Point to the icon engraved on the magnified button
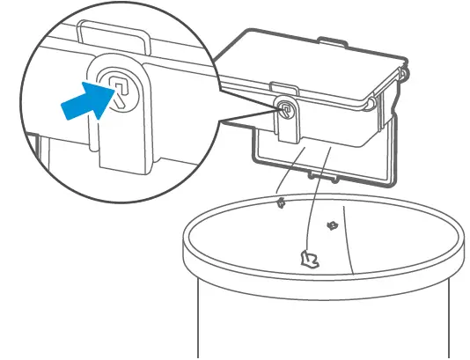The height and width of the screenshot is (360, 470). (x=118, y=86)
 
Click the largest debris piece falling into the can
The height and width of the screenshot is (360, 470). (x=309, y=259)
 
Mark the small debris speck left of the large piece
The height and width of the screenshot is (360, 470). (x=280, y=203)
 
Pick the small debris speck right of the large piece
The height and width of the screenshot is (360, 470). (x=332, y=227)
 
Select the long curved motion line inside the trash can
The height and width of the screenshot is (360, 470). (x=347, y=238)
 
